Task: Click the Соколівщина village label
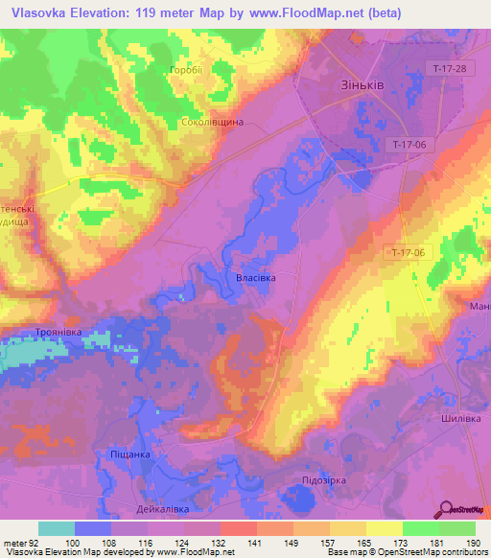click(x=212, y=123)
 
